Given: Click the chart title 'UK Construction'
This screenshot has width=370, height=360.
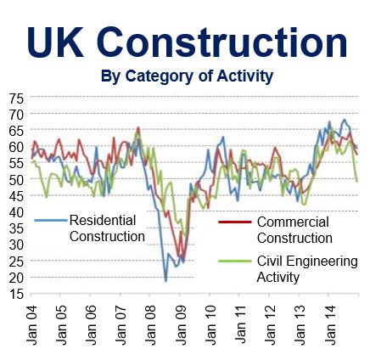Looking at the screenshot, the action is point(187,42).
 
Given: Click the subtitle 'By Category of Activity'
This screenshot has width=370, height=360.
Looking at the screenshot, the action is point(187,76).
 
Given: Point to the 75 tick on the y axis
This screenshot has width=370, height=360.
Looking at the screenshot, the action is point(16,98).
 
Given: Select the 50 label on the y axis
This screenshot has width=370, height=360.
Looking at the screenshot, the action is point(16,180).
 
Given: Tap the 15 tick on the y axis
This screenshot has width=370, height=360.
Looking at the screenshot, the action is point(16,294).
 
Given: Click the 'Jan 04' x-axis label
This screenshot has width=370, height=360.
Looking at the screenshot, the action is point(32,325).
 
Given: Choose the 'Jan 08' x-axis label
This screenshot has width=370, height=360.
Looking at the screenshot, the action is point(151,325).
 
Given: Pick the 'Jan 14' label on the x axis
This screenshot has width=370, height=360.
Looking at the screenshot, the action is point(329,325).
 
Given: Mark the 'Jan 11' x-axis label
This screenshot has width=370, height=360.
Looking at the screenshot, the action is point(240,325).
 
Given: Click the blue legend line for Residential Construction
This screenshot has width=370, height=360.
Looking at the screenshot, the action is point(51,220).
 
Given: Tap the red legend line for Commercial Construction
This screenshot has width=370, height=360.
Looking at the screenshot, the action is point(235,222).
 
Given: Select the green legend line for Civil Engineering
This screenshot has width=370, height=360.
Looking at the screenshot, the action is point(235,261).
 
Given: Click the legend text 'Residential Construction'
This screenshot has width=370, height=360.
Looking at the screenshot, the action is point(107,228).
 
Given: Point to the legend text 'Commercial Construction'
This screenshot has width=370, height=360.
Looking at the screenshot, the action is point(294,230).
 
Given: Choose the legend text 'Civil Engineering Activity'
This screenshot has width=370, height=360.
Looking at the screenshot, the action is point(307,269).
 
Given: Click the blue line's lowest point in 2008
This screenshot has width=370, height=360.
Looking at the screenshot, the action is point(165,281).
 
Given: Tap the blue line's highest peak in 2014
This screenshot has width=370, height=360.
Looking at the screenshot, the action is point(345,120).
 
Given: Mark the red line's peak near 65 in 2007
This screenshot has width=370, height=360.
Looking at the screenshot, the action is point(138,127).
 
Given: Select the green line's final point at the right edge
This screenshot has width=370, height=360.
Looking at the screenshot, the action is point(357,181).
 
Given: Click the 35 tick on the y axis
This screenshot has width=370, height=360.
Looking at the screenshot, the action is point(16,229).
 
